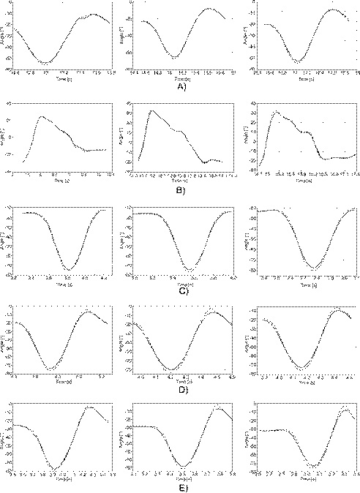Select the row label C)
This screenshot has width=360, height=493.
coord(181,290)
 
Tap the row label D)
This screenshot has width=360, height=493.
coord(181,390)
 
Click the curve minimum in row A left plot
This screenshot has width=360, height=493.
coord(45,64)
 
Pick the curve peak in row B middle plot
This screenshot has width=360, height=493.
coord(152,110)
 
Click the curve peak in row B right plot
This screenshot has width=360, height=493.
coord(276,112)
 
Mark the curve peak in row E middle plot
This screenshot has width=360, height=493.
coord(217,408)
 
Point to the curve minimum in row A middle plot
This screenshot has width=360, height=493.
coord(173,57)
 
